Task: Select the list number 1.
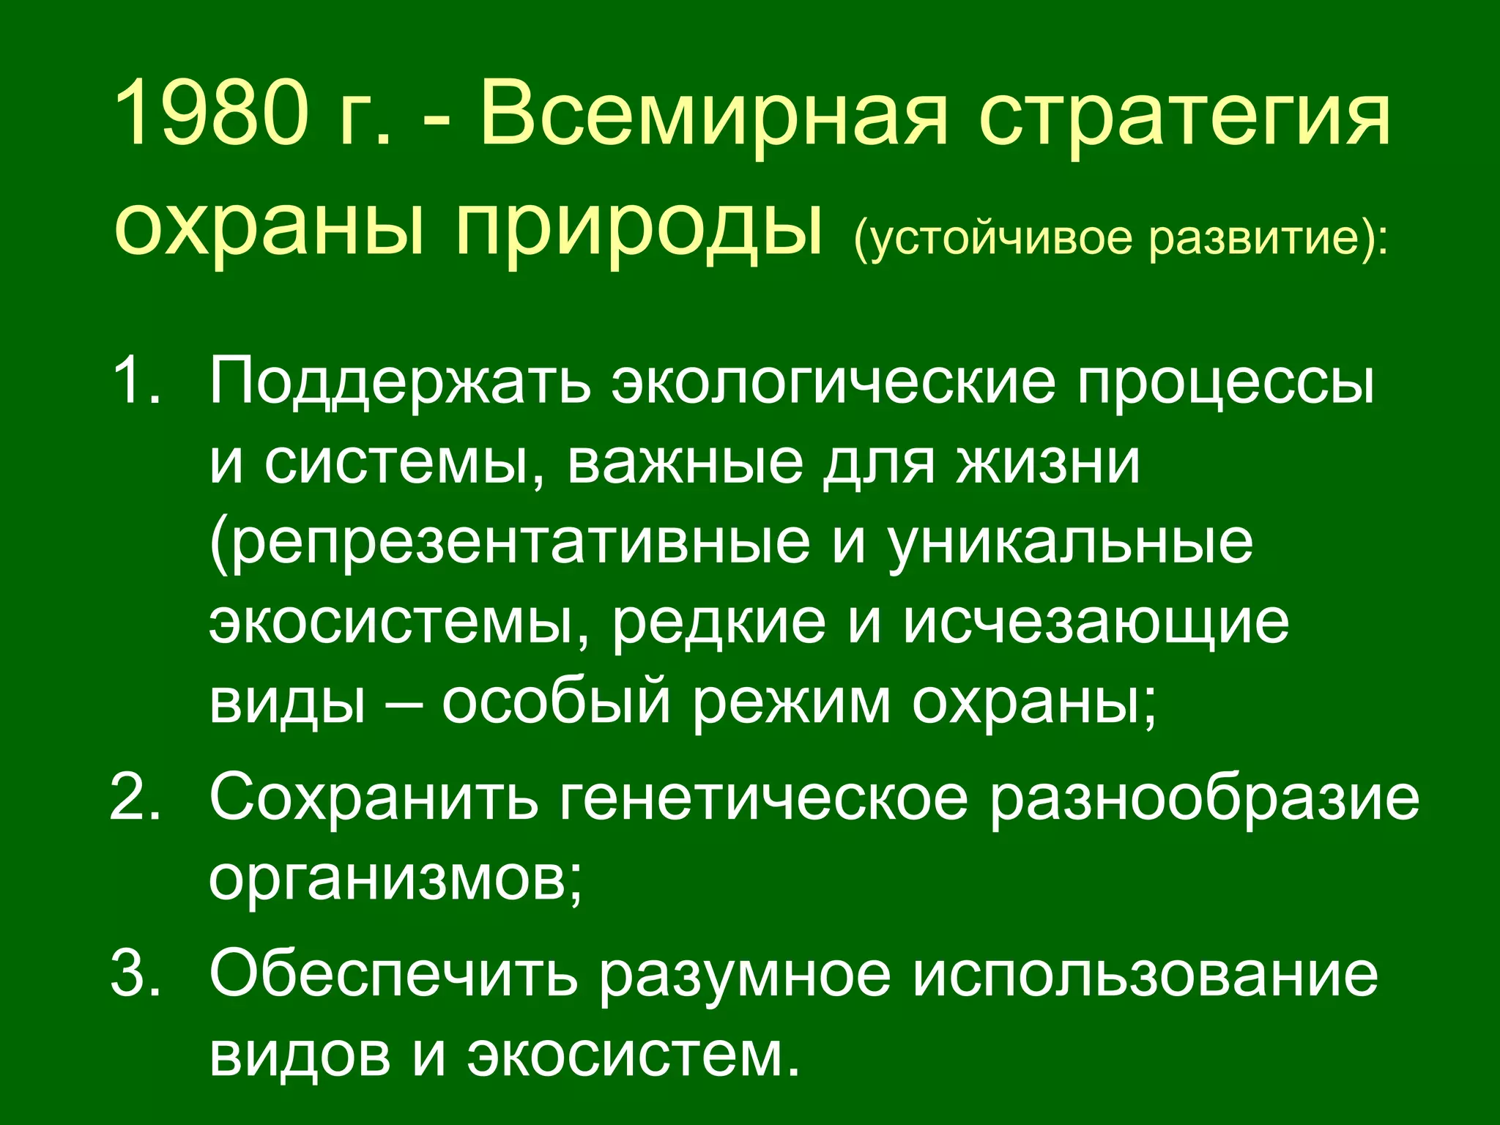coord(135,381)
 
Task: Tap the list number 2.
coord(135,797)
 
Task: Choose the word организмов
coord(395,879)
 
